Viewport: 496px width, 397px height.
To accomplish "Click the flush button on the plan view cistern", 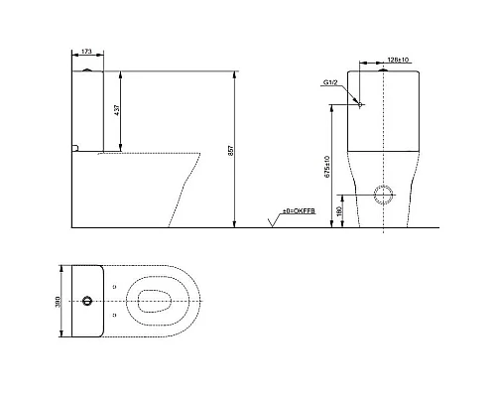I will coord(89,301).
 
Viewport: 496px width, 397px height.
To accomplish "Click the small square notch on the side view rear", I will coord(75,150).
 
